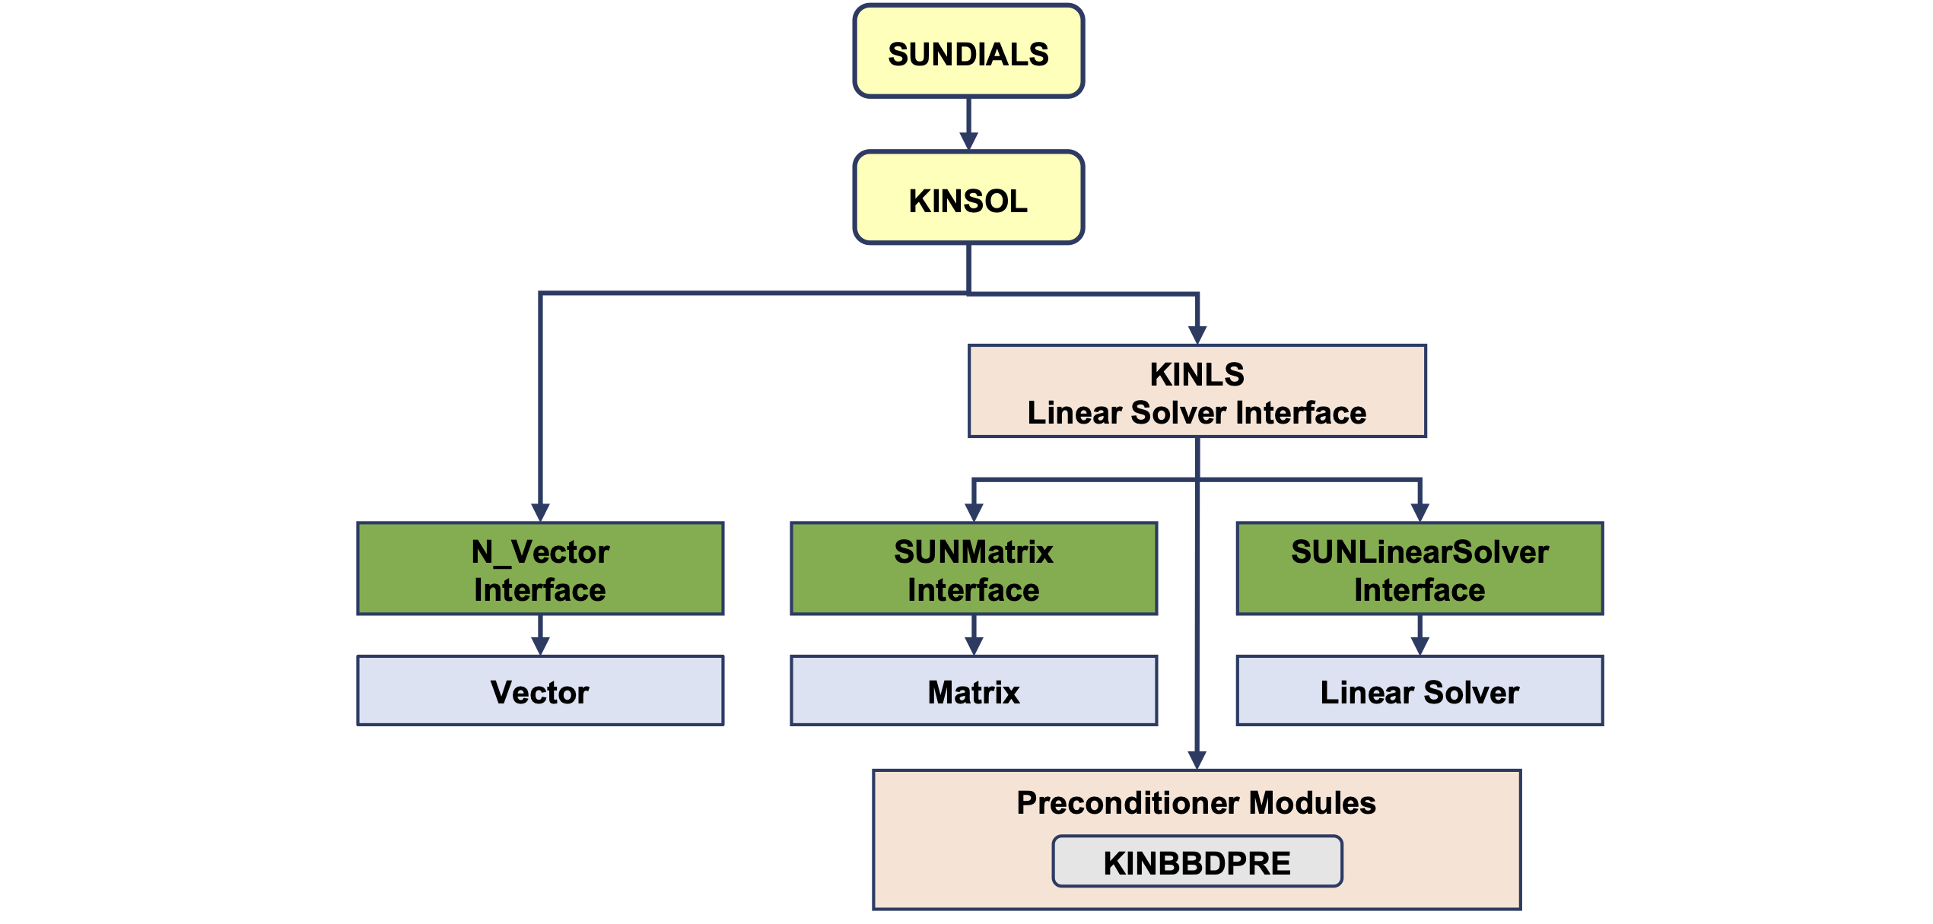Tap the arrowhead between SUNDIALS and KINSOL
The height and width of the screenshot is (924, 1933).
pos(968,141)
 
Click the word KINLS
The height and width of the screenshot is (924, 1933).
pos(1197,374)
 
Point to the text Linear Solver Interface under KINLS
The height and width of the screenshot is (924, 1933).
pos(1197,413)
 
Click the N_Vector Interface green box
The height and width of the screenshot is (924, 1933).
pos(540,569)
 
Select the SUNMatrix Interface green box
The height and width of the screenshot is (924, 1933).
pos(974,569)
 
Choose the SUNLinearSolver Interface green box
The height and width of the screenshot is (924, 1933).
pos(1420,569)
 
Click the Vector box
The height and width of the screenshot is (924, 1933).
pos(540,691)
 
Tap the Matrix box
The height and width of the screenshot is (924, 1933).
pos(974,691)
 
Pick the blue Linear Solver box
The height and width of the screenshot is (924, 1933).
pos(1420,691)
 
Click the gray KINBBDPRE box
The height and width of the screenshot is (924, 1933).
pos(1197,862)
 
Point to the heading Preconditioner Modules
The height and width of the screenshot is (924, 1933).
pos(1196,803)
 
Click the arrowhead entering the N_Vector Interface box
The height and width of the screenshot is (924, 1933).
pos(540,513)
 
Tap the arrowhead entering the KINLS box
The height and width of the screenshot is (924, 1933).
pos(1197,335)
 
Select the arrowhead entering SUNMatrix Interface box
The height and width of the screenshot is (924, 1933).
pos(974,513)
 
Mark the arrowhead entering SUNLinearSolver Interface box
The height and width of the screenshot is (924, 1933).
pos(1420,513)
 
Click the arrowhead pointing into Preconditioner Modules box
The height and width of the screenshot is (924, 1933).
pos(1197,760)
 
